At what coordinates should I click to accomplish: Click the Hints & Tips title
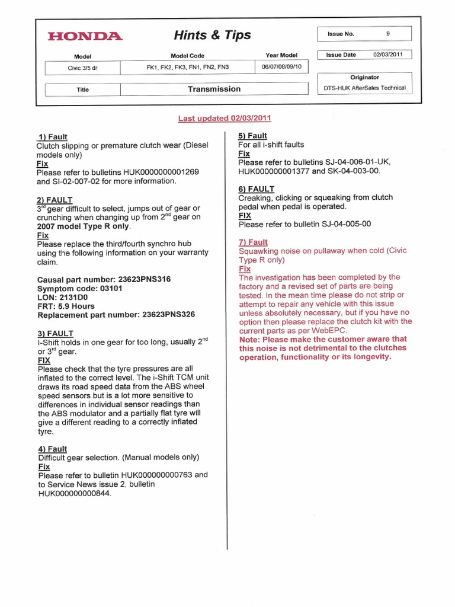pyautogui.click(x=213, y=36)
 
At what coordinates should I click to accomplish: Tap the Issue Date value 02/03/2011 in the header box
pyautogui.click(x=387, y=55)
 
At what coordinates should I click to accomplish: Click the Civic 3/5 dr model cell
pyautogui.click(x=82, y=68)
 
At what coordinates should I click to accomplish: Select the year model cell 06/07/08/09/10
pyautogui.click(x=281, y=67)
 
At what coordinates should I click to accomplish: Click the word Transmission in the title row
pyautogui.click(x=214, y=90)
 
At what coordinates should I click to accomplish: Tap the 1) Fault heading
pyautogui.click(x=52, y=137)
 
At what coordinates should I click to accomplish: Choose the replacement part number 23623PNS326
pyautogui.click(x=168, y=315)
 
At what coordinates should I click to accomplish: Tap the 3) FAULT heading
pyautogui.click(x=55, y=334)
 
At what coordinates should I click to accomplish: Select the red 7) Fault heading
pyautogui.click(x=253, y=242)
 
